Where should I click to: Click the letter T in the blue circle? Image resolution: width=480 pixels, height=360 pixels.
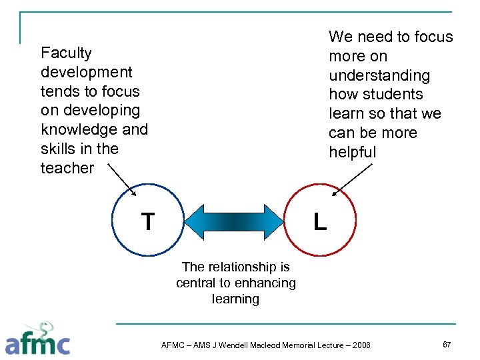click(148, 221)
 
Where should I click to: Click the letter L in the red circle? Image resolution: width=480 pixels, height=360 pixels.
click(320, 222)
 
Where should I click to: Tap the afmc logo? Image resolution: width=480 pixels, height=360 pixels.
click(38, 339)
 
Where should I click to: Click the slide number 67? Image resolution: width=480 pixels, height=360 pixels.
click(447, 343)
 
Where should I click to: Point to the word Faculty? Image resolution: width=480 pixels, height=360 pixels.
click(66, 53)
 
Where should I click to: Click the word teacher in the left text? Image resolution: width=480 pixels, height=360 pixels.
click(67, 168)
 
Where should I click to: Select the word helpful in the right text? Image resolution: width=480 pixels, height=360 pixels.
click(353, 152)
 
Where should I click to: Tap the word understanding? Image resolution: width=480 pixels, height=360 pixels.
click(379, 75)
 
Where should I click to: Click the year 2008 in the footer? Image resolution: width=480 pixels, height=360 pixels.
click(361, 345)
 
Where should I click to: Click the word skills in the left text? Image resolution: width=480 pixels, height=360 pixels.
click(57, 149)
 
